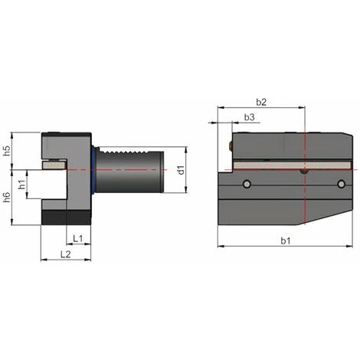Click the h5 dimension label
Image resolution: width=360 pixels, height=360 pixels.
coord(7,151)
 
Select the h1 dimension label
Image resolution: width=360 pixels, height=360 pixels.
coord(22,183)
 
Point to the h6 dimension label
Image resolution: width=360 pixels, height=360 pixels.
coord(7,198)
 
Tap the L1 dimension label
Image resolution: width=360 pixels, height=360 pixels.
coord(78,238)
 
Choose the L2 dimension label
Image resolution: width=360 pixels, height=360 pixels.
coord(67,254)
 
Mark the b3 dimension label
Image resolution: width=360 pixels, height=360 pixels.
coord(249,116)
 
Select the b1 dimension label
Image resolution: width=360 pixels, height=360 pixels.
coord(285,241)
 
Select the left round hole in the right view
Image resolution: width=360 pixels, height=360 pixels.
coord(247,184)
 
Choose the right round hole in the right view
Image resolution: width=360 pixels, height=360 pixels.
coord(341,184)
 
